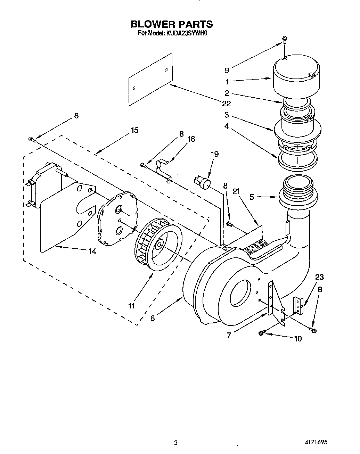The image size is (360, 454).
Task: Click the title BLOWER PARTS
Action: tap(171, 24)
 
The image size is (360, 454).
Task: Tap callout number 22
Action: tap(227, 104)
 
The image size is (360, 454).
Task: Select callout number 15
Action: tap(134, 130)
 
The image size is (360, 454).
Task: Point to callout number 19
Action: tap(215, 154)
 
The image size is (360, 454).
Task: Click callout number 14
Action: tap(92, 251)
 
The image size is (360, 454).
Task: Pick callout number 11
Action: tap(131, 306)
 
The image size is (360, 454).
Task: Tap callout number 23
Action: tap(319, 277)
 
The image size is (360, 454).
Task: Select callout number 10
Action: tap(298, 338)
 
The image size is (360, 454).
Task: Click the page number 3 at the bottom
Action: tap(176, 443)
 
